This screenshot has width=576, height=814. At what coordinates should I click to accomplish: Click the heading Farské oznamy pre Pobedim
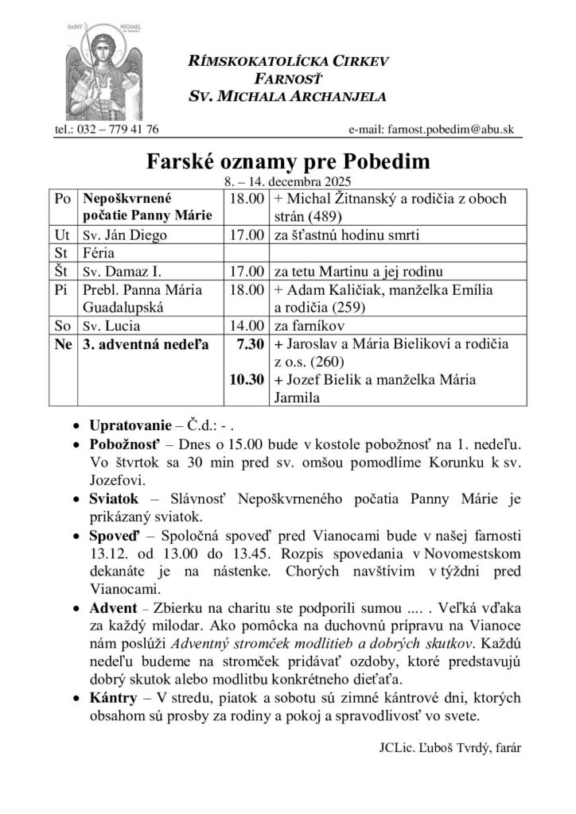click(288, 162)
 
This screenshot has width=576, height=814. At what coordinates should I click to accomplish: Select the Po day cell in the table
click(62, 198)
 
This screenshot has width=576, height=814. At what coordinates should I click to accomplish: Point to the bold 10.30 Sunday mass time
click(246, 381)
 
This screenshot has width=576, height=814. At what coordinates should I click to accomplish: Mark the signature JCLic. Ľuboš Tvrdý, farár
click(446, 748)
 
